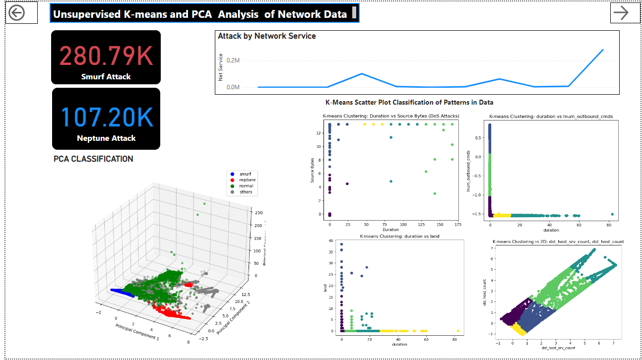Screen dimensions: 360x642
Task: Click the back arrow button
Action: pyautogui.click(x=16, y=13)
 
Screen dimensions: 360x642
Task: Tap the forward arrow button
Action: pyautogui.click(x=621, y=13)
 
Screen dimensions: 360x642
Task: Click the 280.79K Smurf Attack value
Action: pyautogui.click(x=106, y=56)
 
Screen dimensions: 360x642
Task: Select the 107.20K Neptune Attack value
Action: pyautogui.click(x=107, y=117)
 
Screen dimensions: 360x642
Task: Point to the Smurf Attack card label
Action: pyautogui.click(x=106, y=77)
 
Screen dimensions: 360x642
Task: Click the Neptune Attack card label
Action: pyautogui.click(x=106, y=138)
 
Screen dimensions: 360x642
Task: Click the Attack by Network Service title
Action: pyautogui.click(x=267, y=36)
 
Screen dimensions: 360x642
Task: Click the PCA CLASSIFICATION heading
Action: pyautogui.click(x=93, y=159)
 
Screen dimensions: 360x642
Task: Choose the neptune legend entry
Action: pyautogui.click(x=247, y=180)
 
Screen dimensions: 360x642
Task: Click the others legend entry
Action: pyautogui.click(x=246, y=192)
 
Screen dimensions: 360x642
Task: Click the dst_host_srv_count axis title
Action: pyautogui.click(x=559, y=348)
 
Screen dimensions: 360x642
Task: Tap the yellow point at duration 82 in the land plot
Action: pyautogui.click(x=457, y=331)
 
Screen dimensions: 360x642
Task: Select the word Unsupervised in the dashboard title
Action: pyautogui.click(x=85, y=14)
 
